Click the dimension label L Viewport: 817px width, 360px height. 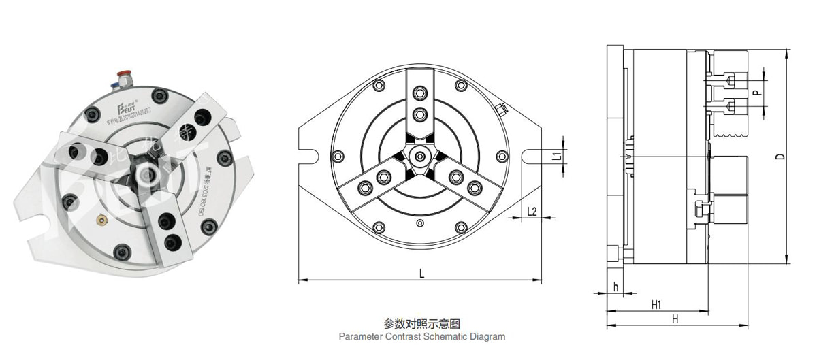click(421, 274)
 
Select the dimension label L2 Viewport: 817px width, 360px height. click(532, 212)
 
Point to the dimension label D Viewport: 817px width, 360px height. click(780, 156)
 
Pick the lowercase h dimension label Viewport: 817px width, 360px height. click(615, 287)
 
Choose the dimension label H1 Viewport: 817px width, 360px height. click(656, 305)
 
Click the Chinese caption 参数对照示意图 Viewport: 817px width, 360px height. click(422, 324)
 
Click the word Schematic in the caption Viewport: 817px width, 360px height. click(445, 336)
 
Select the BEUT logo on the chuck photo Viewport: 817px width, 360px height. click(128, 106)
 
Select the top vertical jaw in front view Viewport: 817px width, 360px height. click(421, 102)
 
